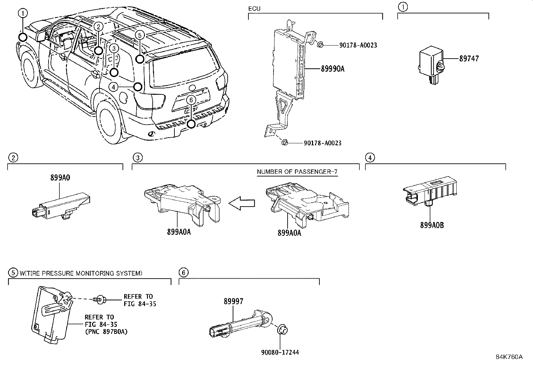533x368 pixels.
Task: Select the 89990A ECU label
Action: (x=332, y=69)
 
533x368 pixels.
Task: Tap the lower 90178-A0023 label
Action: (x=322, y=143)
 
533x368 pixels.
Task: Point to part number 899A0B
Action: (x=432, y=225)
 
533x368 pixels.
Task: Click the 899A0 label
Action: (x=60, y=178)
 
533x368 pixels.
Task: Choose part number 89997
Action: (x=233, y=301)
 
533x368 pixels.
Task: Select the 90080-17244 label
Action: (x=280, y=352)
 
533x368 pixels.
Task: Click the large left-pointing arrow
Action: (x=242, y=203)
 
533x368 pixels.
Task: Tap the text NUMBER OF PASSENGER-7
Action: (x=297, y=172)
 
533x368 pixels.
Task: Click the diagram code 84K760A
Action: (x=509, y=357)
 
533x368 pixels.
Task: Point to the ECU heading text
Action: (x=254, y=9)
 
